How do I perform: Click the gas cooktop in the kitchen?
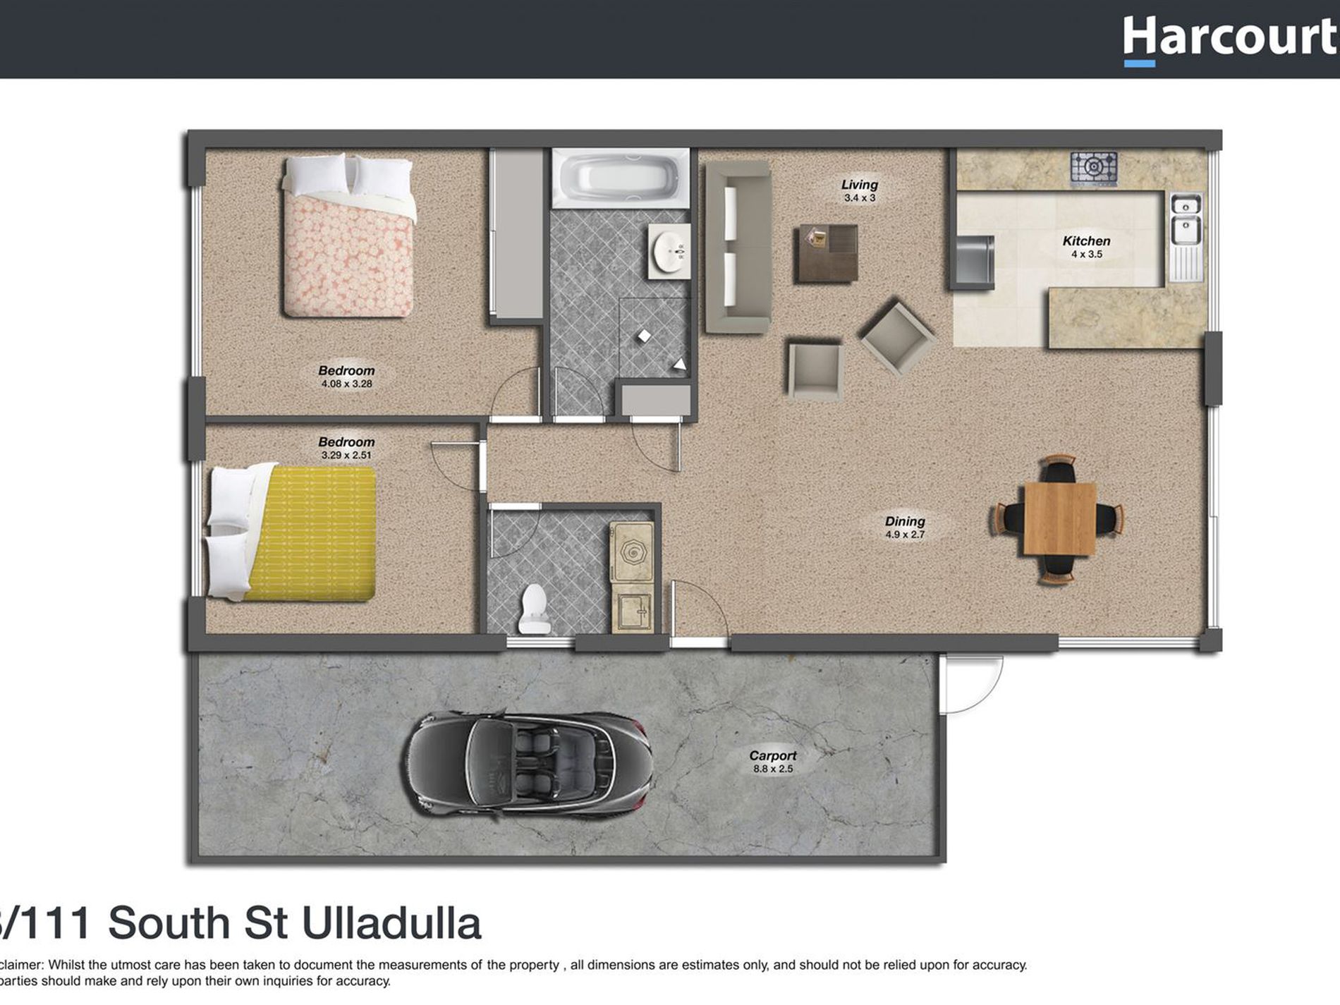click(1093, 168)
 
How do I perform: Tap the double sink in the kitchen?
click(1186, 219)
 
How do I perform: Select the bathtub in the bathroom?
click(620, 178)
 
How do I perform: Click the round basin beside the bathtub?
click(669, 251)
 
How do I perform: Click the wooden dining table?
click(1059, 518)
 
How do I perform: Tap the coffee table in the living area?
click(827, 253)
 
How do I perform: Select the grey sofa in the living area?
click(737, 247)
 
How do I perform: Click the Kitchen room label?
click(1086, 241)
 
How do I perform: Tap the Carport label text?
click(772, 755)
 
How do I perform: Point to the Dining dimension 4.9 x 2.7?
click(905, 535)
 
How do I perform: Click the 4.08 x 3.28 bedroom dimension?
click(346, 384)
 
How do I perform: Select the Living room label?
click(859, 185)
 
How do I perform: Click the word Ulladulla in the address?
click(391, 923)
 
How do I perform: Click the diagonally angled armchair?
click(896, 336)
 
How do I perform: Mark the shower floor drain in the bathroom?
click(644, 336)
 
